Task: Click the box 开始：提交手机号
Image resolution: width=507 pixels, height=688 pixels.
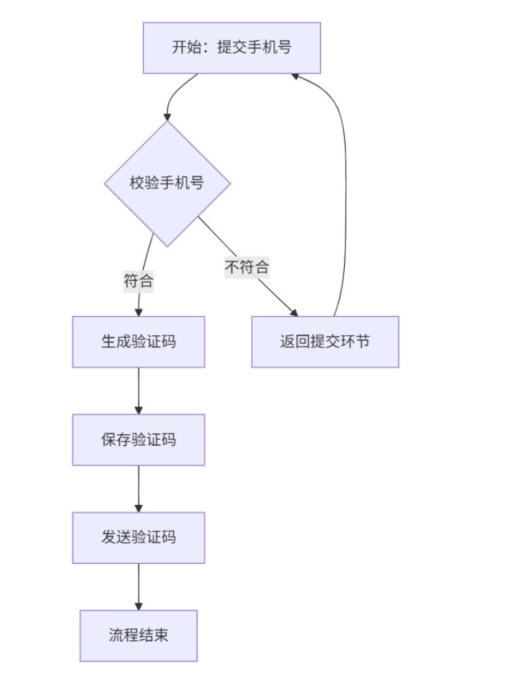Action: [x=231, y=47]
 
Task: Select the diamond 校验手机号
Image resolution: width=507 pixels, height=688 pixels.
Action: [x=167, y=183]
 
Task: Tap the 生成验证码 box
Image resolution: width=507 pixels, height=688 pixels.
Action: [x=138, y=342]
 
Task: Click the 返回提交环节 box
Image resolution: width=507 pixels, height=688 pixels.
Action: [x=324, y=342]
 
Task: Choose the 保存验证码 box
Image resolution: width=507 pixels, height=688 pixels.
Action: [x=138, y=440]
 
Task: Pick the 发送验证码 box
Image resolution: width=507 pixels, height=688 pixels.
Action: [x=138, y=537]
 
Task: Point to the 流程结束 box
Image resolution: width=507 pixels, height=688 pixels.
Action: [x=138, y=635]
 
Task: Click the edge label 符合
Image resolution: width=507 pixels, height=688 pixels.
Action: [x=138, y=281]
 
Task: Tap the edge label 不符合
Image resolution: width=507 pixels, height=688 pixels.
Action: [x=247, y=267]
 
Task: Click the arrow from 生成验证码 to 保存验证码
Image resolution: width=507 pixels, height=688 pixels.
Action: [x=138, y=389]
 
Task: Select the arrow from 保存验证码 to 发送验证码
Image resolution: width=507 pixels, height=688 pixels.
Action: [x=138, y=488]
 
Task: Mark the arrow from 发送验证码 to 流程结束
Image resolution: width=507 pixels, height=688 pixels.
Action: [x=138, y=586]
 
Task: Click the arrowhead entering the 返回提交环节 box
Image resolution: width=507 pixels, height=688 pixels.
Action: [x=294, y=313]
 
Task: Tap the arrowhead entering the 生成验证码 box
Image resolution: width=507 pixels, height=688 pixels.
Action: [x=138, y=312]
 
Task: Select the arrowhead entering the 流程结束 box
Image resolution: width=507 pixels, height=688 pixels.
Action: [x=138, y=606]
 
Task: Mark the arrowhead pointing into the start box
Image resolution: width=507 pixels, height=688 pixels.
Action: [x=296, y=76]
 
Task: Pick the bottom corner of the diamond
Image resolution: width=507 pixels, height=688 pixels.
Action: [x=167, y=246]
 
